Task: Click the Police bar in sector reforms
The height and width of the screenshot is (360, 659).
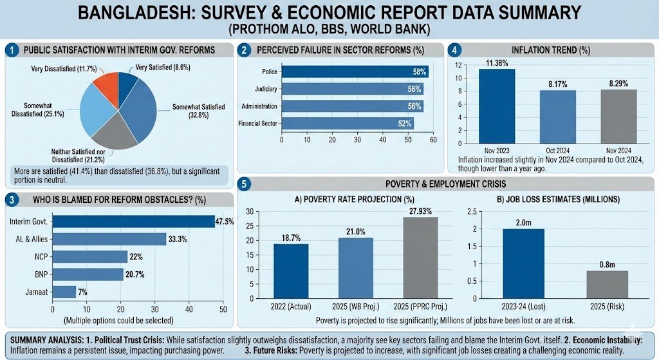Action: point(352,72)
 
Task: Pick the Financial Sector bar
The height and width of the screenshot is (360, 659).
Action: point(347,122)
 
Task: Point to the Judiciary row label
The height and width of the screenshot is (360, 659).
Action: point(262,89)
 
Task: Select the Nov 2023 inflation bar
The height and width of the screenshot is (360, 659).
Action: point(496,106)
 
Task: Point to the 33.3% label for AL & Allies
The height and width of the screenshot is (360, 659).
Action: point(178,239)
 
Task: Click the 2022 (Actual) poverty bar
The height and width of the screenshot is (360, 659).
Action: point(291,272)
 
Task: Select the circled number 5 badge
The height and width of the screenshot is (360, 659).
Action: point(244,184)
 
